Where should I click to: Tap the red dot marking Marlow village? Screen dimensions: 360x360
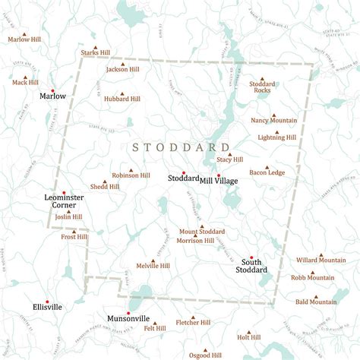click(52, 90)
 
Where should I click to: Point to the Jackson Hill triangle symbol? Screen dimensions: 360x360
click(122, 63)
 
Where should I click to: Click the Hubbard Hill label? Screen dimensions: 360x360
click(122, 99)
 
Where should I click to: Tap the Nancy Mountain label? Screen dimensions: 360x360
click(273, 120)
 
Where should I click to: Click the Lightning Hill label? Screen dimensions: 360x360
click(276, 137)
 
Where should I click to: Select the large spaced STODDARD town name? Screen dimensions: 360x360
click(181, 147)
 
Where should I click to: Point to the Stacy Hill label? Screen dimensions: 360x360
click(229, 159)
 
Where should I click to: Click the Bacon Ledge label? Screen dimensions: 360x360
click(267, 172)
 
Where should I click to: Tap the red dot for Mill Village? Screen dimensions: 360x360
click(218, 174)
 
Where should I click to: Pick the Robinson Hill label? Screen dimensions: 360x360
click(131, 175)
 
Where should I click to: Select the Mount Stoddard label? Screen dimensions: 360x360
click(201, 231)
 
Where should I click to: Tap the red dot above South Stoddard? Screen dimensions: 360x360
click(251, 257)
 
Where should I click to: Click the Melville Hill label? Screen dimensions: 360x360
click(153, 266)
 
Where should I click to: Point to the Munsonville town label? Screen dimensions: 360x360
click(128, 319)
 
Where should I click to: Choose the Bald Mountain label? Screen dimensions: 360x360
click(316, 302)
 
